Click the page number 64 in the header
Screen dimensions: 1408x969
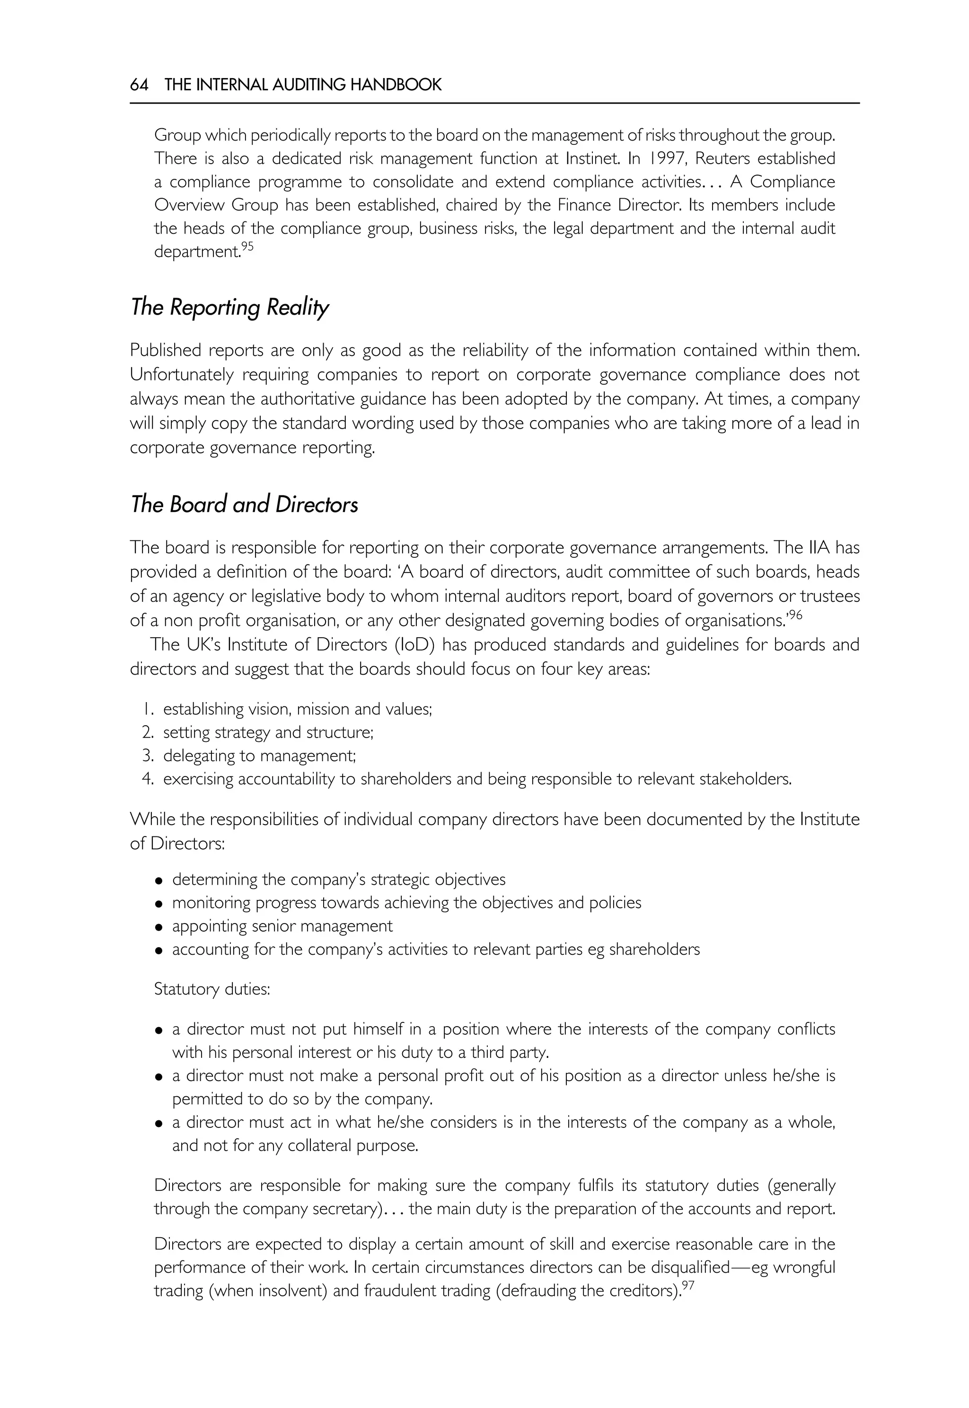pyautogui.click(x=139, y=85)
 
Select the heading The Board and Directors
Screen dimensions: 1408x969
pyautogui.click(x=244, y=504)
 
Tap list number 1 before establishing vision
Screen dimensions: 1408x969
pyautogui.click(x=146, y=709)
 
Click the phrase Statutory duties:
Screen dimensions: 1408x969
pyautogui.click(x=211, y=990)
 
